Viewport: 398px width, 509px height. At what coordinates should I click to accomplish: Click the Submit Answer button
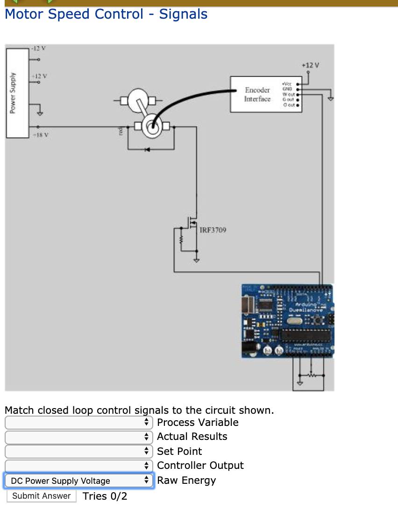click(41, 496)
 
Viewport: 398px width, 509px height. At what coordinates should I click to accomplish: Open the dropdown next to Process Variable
click(78, 423)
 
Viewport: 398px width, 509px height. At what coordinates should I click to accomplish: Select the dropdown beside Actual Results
click(78, 437)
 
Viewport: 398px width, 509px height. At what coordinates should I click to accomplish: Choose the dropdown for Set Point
click(78, 452)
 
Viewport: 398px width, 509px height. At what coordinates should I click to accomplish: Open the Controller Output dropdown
click(78, 466)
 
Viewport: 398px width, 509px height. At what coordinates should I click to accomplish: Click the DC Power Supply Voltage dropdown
click(78, 481)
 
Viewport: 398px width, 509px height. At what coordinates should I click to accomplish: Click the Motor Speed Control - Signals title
click(106, 14)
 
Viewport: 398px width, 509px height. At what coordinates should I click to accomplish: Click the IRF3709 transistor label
click(213, 230)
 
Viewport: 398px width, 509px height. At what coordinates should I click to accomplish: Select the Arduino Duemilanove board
click(287, 321)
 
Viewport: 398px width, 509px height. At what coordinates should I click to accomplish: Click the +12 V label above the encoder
click(310, 65)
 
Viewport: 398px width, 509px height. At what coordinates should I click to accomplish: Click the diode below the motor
click(147, 149)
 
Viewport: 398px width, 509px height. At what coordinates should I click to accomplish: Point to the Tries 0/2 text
click(105, 496)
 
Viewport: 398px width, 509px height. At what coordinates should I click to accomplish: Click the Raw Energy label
click(186, 481)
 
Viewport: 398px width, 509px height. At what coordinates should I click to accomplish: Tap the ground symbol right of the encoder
click(331, 99)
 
